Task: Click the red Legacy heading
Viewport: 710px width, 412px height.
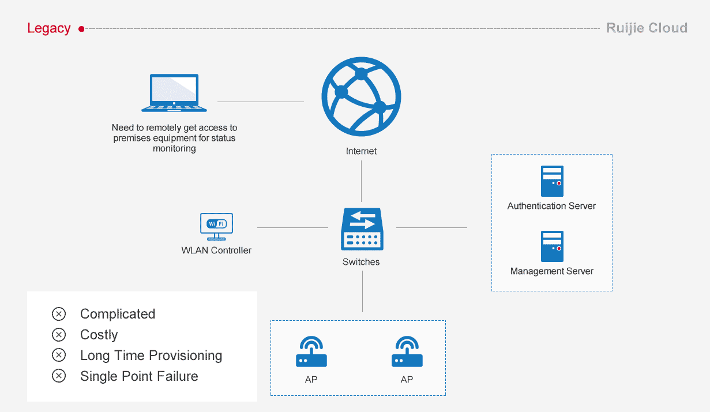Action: click(49, 28)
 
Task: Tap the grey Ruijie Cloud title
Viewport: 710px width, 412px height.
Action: click(647, 28)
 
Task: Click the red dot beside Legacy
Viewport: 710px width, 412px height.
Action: click(81, 29)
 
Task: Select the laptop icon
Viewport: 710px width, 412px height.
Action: click(174, 92)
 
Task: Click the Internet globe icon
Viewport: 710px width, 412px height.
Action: click(361, 97)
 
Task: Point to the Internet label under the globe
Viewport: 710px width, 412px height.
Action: click(361, 151)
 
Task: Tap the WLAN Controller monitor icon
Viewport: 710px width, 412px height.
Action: click(216, 227)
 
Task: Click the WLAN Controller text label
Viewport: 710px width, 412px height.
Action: click(216, 250)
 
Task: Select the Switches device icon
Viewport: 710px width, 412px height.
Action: click(362, 229)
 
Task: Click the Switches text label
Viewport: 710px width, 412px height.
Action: click(361, 261)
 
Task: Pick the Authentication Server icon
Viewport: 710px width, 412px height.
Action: click(552, 181)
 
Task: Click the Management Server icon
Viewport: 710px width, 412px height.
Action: click(552, 246)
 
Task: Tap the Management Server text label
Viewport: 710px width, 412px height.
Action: click(552, 271)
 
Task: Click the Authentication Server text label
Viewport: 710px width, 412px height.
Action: click(551, 206)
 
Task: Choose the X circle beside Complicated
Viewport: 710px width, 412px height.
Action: click(59, 314)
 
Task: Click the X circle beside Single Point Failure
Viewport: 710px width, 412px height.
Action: click(59, 376)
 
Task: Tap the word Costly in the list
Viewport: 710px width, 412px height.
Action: click(99, 335)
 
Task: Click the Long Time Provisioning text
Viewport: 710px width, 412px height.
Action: click(151, 355)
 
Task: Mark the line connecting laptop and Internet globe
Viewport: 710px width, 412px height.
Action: click(261, 102)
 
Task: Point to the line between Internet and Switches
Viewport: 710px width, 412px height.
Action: click(361, 181)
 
